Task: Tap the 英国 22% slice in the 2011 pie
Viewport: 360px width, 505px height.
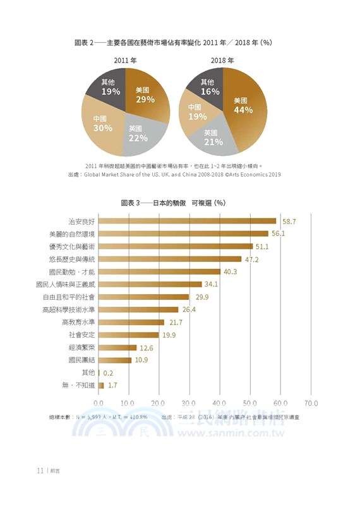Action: tap(138, 133)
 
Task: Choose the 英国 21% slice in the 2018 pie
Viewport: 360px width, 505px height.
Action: tap(213, 138)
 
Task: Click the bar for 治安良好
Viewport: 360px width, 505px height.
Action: tap(188, 221)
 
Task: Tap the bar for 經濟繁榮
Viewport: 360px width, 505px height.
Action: tap(117, 347)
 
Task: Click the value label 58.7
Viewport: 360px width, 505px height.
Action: tap(289, 221)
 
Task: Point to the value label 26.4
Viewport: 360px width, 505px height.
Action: tap(189, 309)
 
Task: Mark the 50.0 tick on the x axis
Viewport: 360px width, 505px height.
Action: tap(250, 402)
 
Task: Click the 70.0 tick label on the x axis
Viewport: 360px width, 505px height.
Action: tap(311, 402)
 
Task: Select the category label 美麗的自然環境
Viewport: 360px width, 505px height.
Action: tap(72, 234)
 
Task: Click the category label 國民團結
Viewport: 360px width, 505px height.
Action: tap(81, 360)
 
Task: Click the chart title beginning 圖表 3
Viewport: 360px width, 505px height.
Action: tap(173, 203)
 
